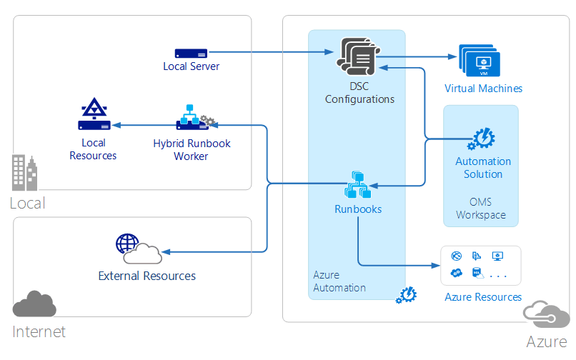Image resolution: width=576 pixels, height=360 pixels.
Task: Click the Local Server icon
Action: tap(191, 53)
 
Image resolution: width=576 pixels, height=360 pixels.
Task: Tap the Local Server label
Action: tap(191, 66)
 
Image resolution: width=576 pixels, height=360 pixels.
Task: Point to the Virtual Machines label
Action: tap(483, 89)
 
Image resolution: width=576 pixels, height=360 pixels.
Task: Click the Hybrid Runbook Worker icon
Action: tap(192, 116)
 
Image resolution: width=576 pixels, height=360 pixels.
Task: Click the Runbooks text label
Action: tap(357, 209)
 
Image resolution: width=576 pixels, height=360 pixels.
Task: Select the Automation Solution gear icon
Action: tap(482, 138)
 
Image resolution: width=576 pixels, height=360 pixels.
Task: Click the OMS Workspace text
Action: tap(480, 209)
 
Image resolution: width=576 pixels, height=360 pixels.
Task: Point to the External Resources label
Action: tap(147, 276)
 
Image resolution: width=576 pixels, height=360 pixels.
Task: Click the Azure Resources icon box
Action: tap(480, 264)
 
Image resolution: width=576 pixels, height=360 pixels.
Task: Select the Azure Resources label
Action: tap(483, 296)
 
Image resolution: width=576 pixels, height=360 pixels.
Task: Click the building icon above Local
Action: tap(24, 174)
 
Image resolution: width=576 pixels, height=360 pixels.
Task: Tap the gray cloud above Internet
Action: tap(34, 304)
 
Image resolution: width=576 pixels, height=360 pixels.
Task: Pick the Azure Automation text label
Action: tap(339, 281)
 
